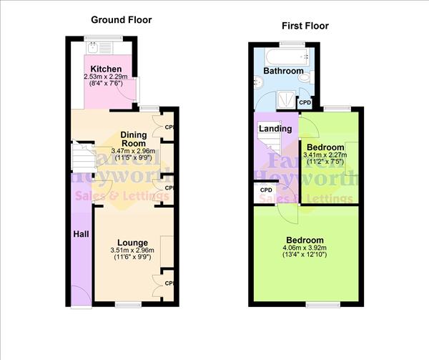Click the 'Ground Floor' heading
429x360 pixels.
pos(122,20)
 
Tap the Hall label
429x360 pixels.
pos(80,233)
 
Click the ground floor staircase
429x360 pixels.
pos(84,156)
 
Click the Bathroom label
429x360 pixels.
pos(282,72)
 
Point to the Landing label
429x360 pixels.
pos(275,129)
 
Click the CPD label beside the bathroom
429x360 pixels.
pos(305,103)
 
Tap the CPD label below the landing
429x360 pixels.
pos(266,190)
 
